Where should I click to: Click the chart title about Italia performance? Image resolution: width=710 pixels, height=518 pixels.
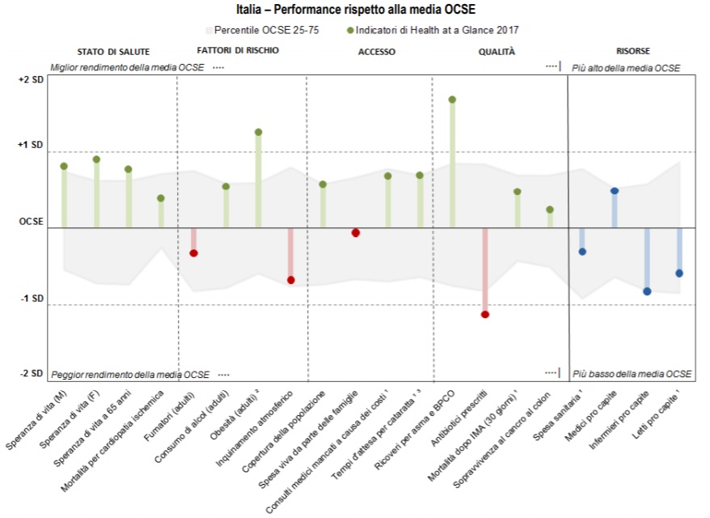356,9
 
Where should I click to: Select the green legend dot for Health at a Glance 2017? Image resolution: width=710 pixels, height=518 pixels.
350,31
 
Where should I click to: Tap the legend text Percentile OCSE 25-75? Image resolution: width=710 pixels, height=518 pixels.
266,31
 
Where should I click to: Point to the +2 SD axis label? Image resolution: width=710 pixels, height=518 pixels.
31,80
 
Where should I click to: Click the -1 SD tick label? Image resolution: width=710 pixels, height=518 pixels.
32,298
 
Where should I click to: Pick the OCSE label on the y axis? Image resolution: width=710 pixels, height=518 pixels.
32,222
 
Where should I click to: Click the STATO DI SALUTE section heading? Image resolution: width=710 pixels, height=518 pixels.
113,52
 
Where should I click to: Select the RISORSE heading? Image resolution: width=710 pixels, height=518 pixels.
633,51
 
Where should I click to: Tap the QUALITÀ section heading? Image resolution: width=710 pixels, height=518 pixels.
497,51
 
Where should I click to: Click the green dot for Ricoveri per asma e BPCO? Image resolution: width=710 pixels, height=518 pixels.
452,100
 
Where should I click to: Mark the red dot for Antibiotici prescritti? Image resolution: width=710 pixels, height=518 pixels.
485,315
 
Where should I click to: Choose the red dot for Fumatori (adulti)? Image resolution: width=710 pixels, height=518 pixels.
193,253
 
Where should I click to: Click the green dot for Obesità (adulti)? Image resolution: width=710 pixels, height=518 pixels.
258,132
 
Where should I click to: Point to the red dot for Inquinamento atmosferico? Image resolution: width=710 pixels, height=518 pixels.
290,281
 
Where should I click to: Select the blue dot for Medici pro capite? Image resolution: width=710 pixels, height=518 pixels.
615,191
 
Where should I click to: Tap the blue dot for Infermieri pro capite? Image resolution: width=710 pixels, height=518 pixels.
647,291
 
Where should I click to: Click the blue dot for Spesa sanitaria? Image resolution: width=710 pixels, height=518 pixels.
582,252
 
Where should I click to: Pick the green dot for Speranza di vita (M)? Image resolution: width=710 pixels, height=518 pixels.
64,166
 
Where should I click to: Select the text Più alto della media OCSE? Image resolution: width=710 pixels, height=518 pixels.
626,68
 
